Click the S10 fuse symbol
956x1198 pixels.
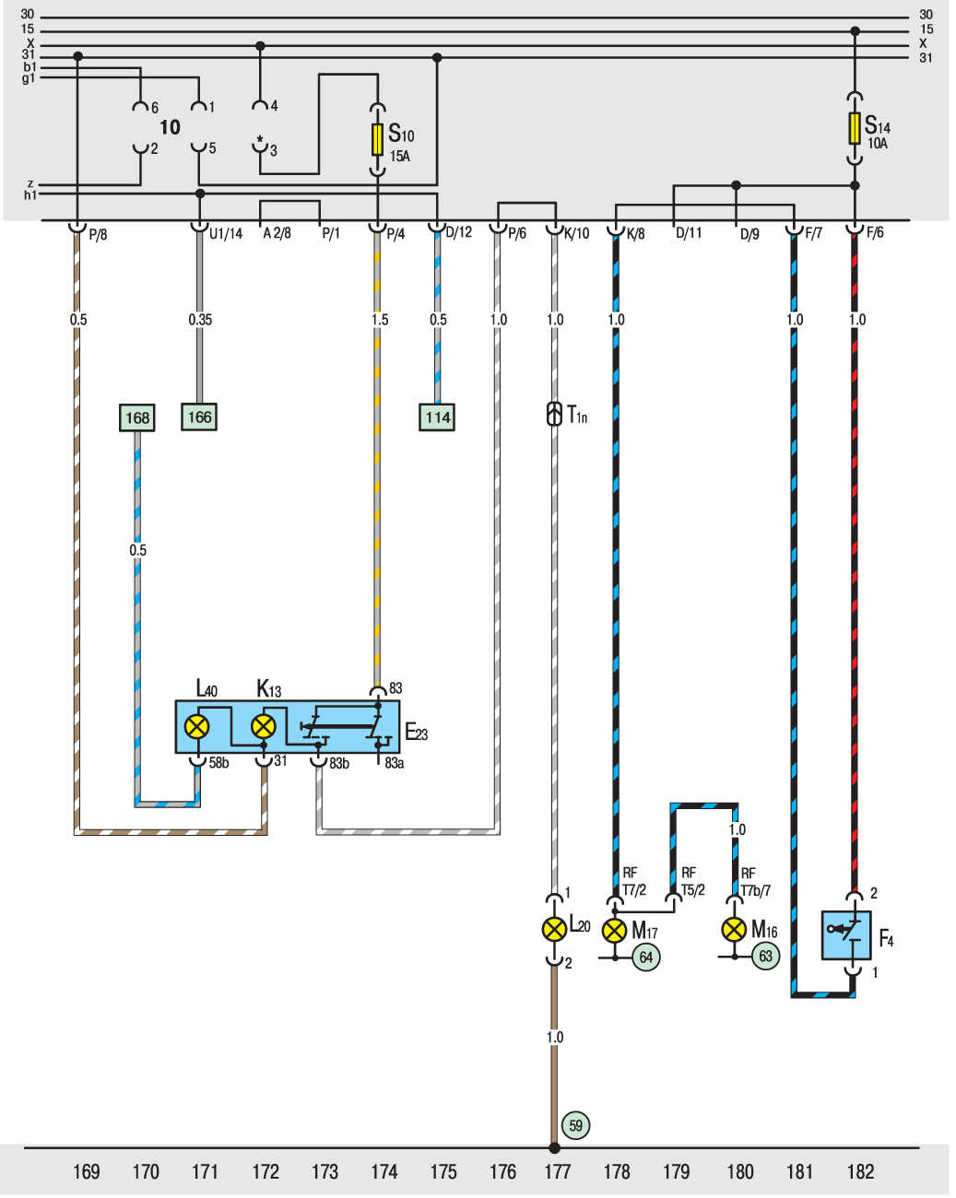pyautogui.click(x=377, y=139)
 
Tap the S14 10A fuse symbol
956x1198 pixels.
pyautogui.click(x=854, y=128)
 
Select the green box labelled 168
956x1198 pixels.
pyautogui.click(x=137, y=417)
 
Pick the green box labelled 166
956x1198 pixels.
pyautogui.click(x=199, y=417)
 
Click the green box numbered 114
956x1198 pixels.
pyautogui.click(x=437, y=417)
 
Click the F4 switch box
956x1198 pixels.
pyautogui.click(x=846, y=935)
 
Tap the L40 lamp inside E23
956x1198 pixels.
pyautogui.click(x=196, y=726)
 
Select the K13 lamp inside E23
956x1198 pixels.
pyautogui.click(x=264, y=726)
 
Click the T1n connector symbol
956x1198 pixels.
pyautogui.click(x=554, y=414)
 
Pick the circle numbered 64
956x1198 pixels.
pyautogui.click(x=645, y=957)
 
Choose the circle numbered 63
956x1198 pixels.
pyautogui.click(x=765, y=956)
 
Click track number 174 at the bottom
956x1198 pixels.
pyautogui.click(x=384, y=1172)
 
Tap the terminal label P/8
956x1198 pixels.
pyautogui.click(x=98, y=234)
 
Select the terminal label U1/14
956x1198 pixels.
pyautogui.click(x=226, y=234)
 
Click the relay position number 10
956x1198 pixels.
pyautogui.click(x=170, y=127)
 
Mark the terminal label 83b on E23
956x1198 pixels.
pyautogui.click(x=338, y=763)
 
